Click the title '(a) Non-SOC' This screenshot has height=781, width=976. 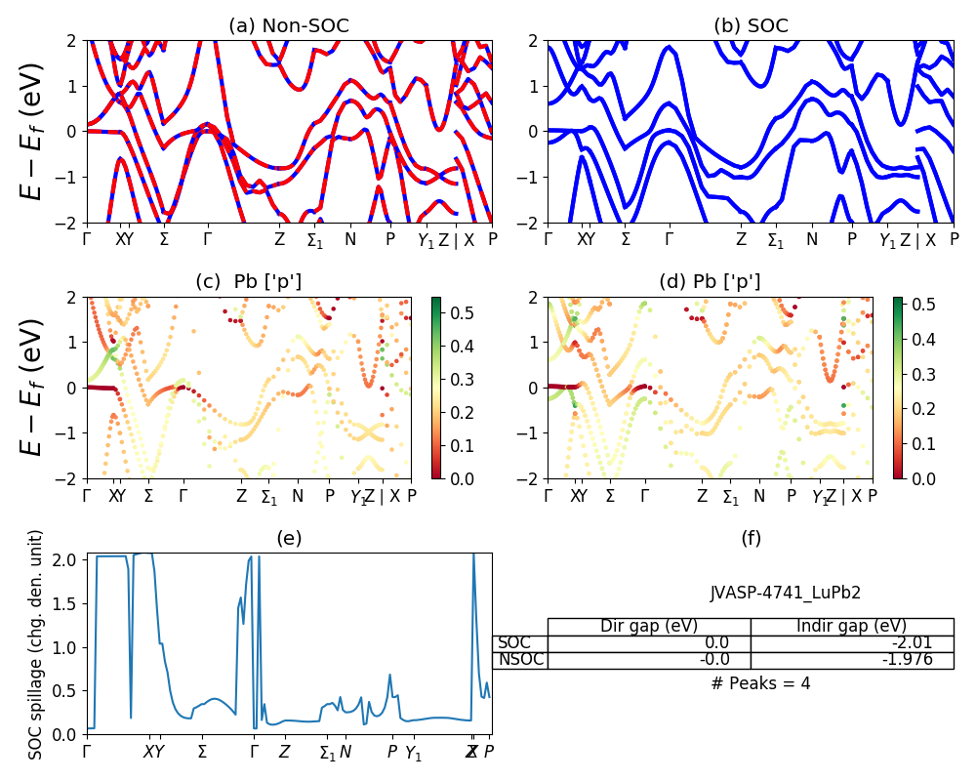pyautogui.click(x=288, y=26)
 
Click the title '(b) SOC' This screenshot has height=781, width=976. pyautogui.click(x=751, y=26)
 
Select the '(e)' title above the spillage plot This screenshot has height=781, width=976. pyautogui.click(x=289, y=538)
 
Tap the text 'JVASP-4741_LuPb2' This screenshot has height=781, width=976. pyautogui.click(x=785, y=593)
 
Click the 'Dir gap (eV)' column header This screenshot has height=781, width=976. pyautogui.click(x=649, y=626)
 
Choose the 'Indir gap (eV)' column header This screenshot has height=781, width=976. pyautogui.click(x=851, y=626)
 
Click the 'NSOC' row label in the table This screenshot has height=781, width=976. pyautogui.click(x=520, y=659)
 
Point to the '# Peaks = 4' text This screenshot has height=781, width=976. pyautogui.click(x=760, y=683)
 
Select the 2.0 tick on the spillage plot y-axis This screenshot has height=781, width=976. pyautogui.click(x=67, y=559)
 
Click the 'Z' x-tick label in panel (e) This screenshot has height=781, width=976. pyautogui.click(x=284, y=752)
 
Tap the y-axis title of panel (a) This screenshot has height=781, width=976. pyautogui.click(x=32, y=132)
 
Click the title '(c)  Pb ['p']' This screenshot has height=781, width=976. pyautogui.click(x=249, y=282)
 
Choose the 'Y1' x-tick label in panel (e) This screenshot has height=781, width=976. pyautogui.click(x=414, y=753)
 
